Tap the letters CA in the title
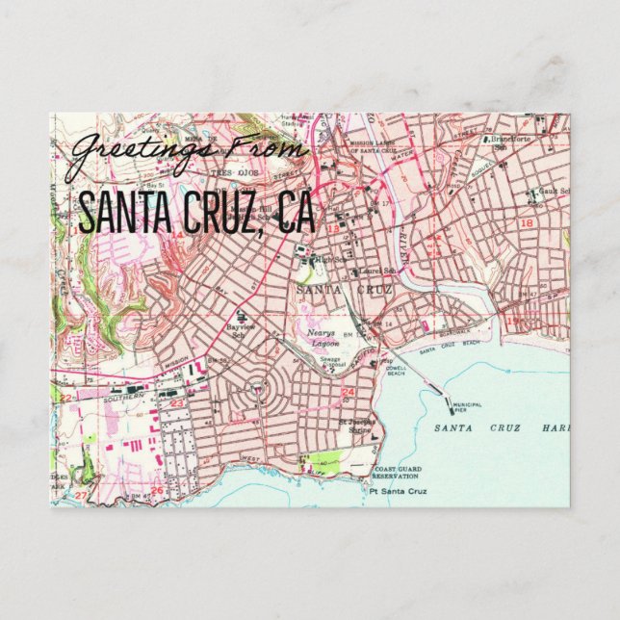tap(296, 214)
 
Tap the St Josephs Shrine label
tap(362, 426)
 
